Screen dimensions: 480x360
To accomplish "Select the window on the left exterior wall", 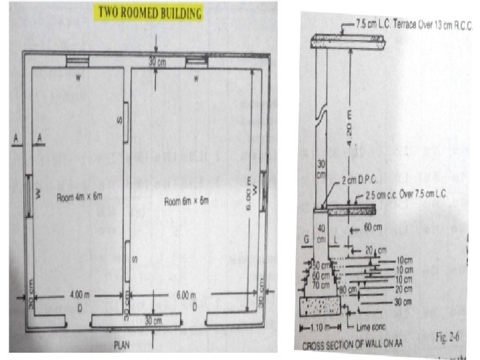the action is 29,197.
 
